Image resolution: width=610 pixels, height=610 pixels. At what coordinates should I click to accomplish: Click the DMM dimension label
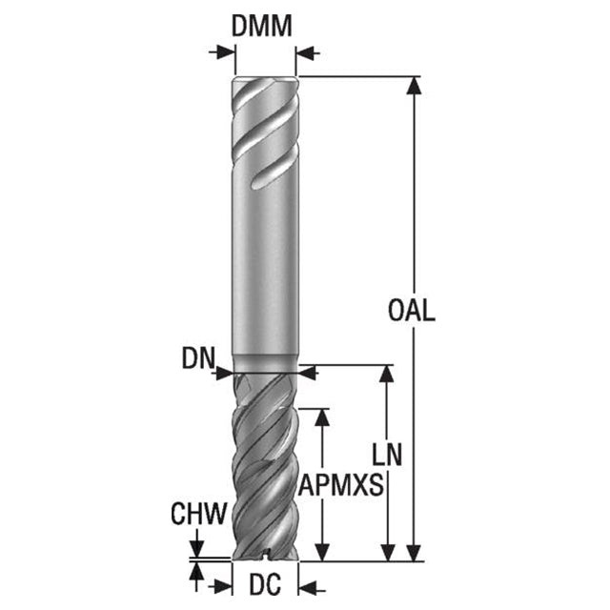pos(261,26)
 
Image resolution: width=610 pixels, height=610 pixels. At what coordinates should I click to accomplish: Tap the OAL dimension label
pos(411,310)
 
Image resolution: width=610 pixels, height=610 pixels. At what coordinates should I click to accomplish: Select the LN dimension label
pos(387,455)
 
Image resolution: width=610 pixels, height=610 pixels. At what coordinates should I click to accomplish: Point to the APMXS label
pos(341,485)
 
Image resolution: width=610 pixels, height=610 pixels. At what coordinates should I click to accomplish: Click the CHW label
pos(198,514)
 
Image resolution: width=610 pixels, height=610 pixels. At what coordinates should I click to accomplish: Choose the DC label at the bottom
pos(265,584)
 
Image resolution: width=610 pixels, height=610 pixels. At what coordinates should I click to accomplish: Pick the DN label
pos(198,358)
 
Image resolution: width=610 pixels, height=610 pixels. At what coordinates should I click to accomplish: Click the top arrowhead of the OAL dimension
pos(414,85)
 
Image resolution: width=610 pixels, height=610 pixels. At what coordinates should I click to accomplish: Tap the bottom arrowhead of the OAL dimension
pos(414,553)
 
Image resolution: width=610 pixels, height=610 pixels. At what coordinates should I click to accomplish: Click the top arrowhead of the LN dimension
pos(387,374)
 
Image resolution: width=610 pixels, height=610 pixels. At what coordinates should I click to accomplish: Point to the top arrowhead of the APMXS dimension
pos(322,417)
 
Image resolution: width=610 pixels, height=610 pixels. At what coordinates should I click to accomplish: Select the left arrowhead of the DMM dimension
pos(226,52)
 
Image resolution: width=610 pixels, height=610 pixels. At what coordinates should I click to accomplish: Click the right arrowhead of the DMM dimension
pos(305,52)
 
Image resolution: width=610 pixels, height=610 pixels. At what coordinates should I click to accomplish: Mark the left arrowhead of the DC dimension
pos(224,587)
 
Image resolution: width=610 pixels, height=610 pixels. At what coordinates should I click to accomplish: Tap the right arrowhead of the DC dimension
pos(307,587)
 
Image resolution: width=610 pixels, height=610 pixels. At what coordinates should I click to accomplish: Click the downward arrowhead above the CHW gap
pos(197,549)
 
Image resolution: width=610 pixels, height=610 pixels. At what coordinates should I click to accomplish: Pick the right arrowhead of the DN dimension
pos(307,374)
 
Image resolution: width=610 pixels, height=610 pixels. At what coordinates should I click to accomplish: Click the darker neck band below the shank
pos(265,363)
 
